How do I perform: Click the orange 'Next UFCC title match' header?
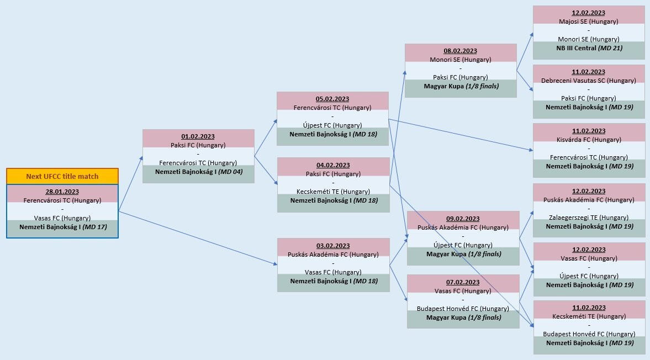62,177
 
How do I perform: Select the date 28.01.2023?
62,191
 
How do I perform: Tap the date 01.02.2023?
198,136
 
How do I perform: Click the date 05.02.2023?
332,99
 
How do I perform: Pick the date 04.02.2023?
333,165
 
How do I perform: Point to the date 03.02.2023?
333,246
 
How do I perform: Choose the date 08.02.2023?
461,51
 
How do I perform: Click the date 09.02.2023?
463,219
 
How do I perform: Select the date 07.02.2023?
463,282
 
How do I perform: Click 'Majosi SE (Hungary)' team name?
589,22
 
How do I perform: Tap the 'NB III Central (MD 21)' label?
589,48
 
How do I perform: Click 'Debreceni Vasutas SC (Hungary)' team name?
589,81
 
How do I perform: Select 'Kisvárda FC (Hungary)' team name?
589,140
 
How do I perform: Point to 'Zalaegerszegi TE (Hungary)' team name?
589,218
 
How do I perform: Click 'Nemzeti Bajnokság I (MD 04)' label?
198,172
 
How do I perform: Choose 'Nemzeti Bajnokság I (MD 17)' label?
62,227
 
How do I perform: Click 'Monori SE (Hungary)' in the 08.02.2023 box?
461,60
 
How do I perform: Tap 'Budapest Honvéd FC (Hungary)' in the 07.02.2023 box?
463,309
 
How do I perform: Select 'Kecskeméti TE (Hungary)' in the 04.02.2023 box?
333,192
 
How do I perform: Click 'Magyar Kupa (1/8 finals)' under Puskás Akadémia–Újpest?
463,254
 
